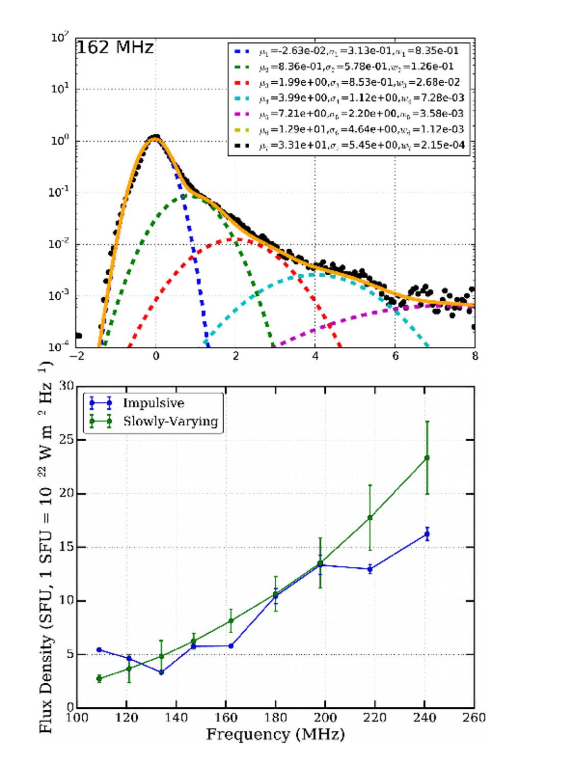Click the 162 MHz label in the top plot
[x=115, y=47]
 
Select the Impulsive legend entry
[x=153, y=403]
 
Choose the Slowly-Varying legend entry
[x=170, y=421]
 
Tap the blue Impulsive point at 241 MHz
[x=427, y=534]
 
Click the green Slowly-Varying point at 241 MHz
[x=427, y=458]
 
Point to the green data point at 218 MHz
[x=370, y=518]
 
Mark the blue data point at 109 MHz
[x=99, y=650]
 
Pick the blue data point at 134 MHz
[x=161, y=672]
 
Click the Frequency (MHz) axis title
[x=275, y=734]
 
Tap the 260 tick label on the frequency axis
[x=473, y=718]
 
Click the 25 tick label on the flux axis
[x=66, y=440]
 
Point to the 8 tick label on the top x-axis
[x=474, y=356]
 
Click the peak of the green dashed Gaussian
[x=188, y=195]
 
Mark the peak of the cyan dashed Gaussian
[x=315, y=275]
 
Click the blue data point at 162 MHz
[x=231, y=646]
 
